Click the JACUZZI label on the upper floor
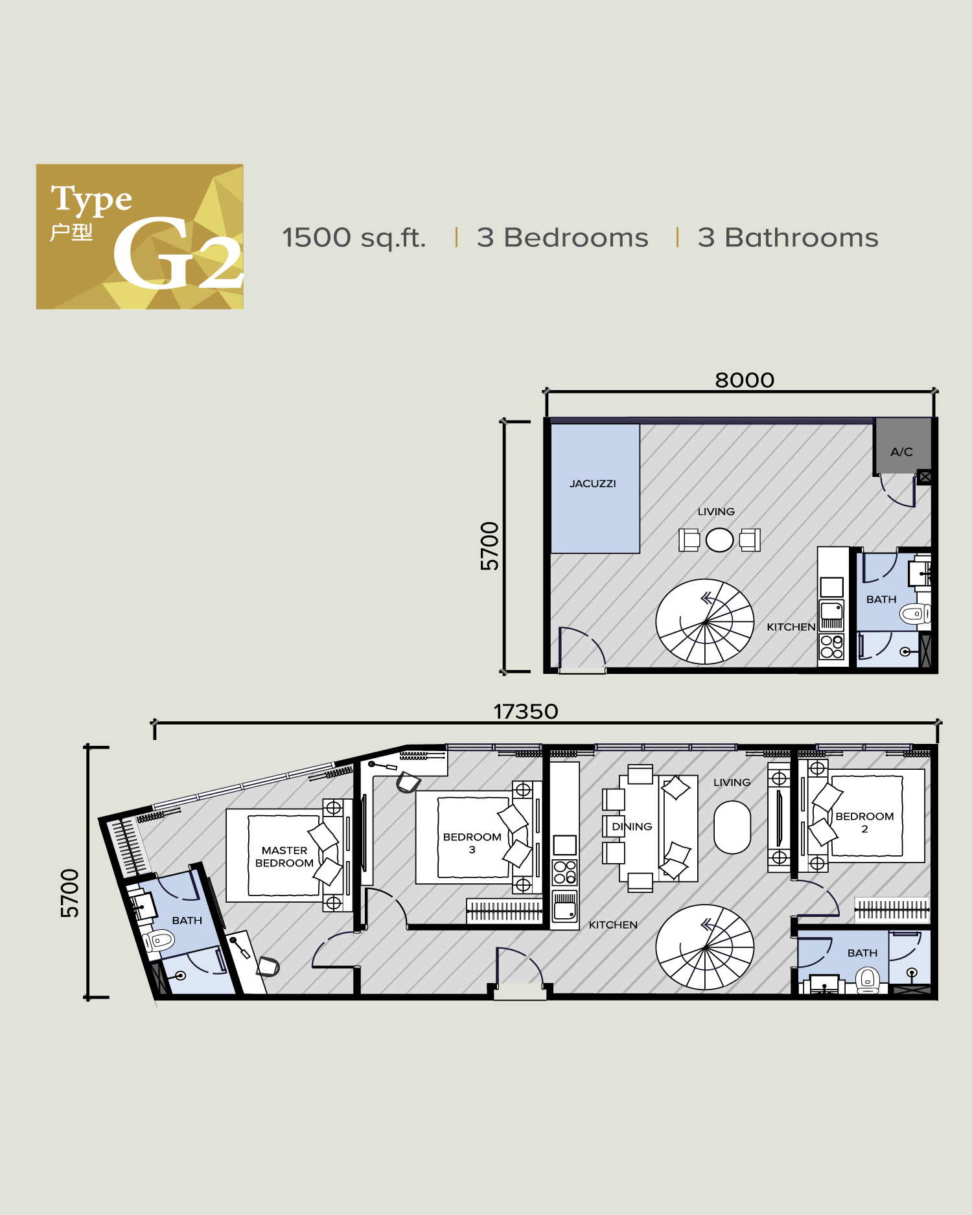pos(592,483)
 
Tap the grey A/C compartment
pos(901,448)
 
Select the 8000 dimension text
pos(745,380)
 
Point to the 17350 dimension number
pos(526,712)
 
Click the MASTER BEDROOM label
pos(284,856)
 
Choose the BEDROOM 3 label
pos(472,842)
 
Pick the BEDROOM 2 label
pos(864,822)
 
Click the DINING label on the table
pos(632,826)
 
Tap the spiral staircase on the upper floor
pos(704,621)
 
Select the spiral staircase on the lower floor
pos(704,947)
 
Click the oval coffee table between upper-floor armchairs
pos(719,540)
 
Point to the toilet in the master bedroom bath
pos(159,940)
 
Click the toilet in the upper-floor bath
pos(914,613)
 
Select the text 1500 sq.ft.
pos(354,238)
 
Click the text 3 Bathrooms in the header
pos(788,238)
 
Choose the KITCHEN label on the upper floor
pos(791,627)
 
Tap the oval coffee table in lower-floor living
pos(732,827)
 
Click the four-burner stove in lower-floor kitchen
pos(564,872)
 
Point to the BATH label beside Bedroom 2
pos(862,953)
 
